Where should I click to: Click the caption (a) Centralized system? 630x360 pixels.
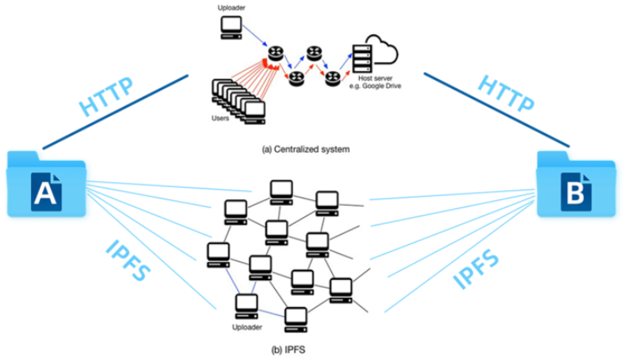click(305, 149)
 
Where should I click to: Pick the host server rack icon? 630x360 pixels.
click(359, 56)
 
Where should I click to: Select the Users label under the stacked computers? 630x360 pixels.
click(220, 118)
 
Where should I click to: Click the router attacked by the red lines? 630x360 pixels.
click(273, 59)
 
